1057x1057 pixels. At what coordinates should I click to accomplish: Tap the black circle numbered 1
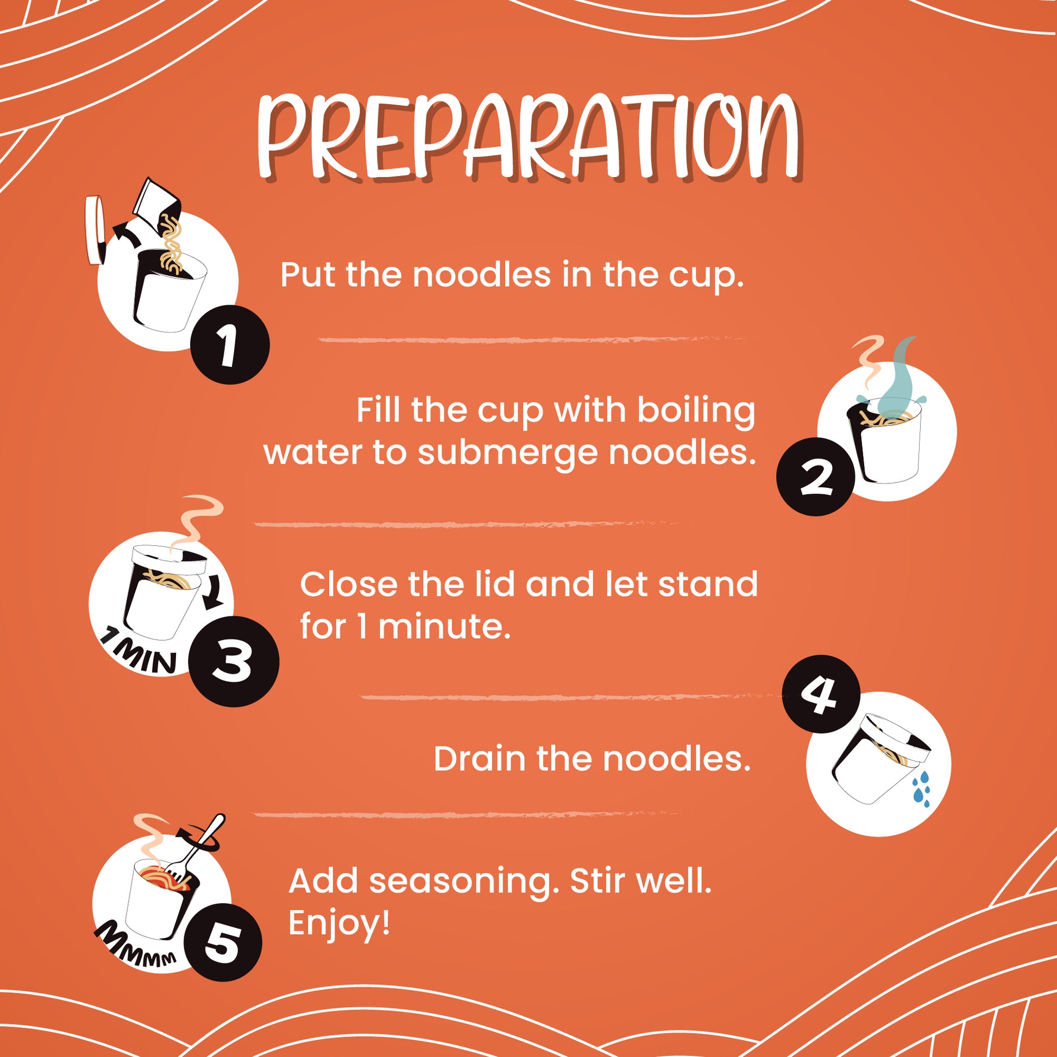pos(230,345)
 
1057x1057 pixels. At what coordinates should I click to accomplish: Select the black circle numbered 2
pos(816,476)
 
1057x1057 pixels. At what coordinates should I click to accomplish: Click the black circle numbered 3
pos(235,662)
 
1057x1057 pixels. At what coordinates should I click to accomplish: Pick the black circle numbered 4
pos(821,694)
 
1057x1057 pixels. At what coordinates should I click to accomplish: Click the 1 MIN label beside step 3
pos(139,652)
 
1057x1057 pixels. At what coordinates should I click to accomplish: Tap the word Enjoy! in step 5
pos(339,923)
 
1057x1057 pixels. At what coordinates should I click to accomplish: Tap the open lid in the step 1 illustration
pos(95,230)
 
